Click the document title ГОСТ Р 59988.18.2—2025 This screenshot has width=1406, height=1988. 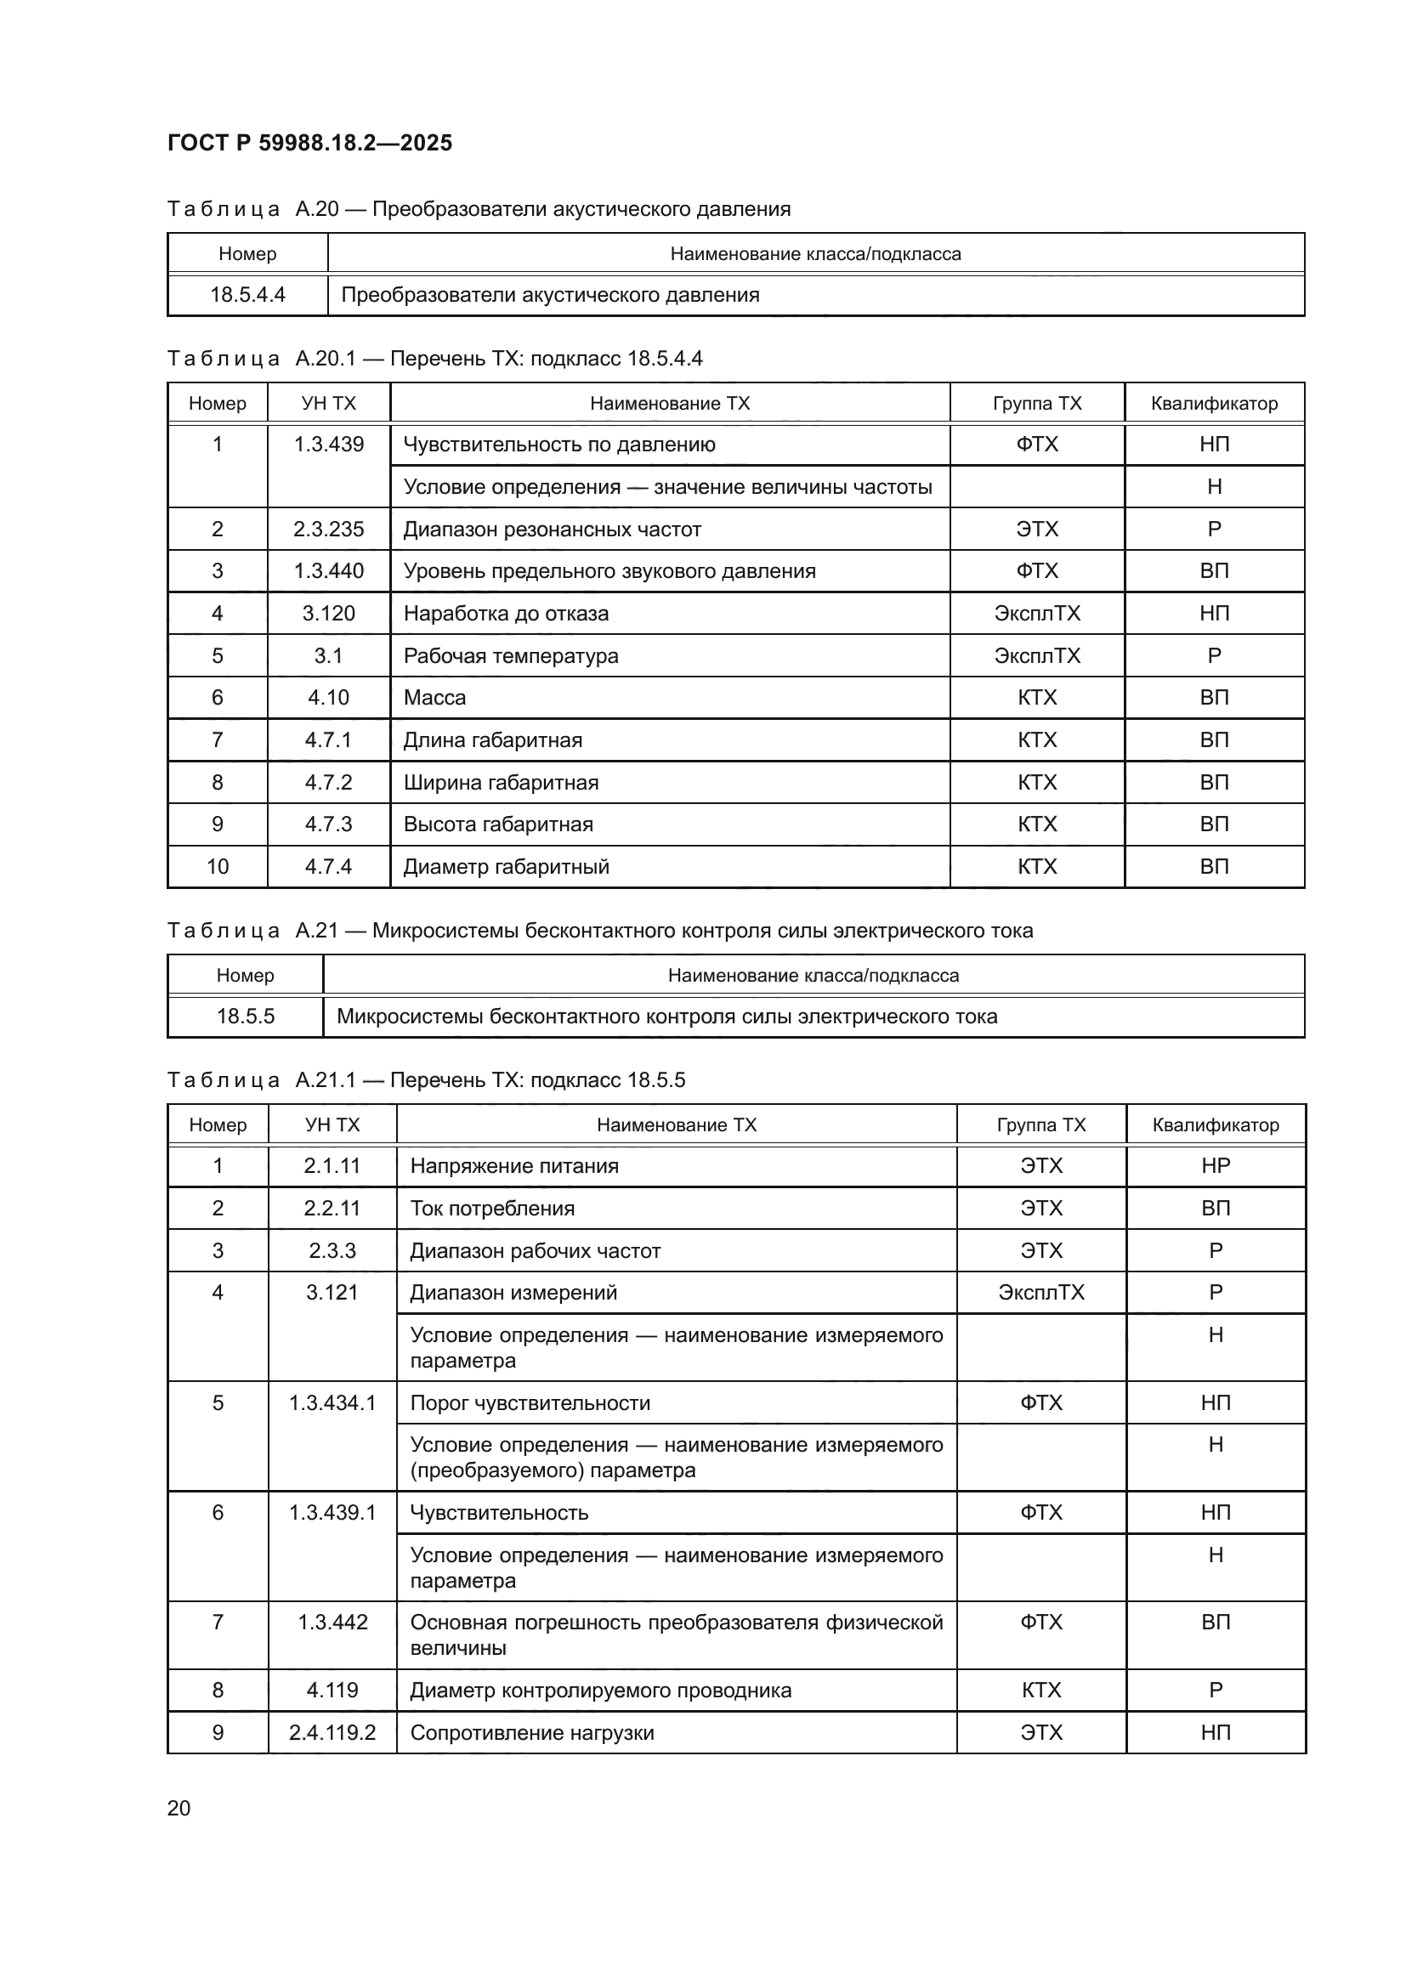click(309, 143)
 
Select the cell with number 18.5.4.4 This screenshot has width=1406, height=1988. click(247, 294)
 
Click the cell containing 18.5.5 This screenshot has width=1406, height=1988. click(245, 1016)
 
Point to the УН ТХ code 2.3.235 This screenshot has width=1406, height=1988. click(328, 529)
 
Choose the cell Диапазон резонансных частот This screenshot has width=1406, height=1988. click(552, 529)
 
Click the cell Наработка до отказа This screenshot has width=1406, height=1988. click(506, 613)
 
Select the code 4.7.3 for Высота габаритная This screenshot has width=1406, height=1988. click(328, 824)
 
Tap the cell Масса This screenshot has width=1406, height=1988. click(434, 697)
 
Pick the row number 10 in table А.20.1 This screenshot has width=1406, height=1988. click(218, 866)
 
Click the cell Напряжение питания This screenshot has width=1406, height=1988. click(514, 1165)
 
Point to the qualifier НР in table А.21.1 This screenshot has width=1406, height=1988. click(1215, 1165)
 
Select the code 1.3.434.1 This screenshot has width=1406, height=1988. click(332, 1402)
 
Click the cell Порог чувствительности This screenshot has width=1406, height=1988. click(530, 1402)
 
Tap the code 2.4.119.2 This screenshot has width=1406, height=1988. click(332, 1732)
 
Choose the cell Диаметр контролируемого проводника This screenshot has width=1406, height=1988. click(600, 1691)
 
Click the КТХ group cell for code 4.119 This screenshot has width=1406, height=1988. click(1040, 1691)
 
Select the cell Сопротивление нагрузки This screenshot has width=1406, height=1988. click(531, 1732)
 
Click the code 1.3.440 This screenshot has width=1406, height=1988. click(328, 570)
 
